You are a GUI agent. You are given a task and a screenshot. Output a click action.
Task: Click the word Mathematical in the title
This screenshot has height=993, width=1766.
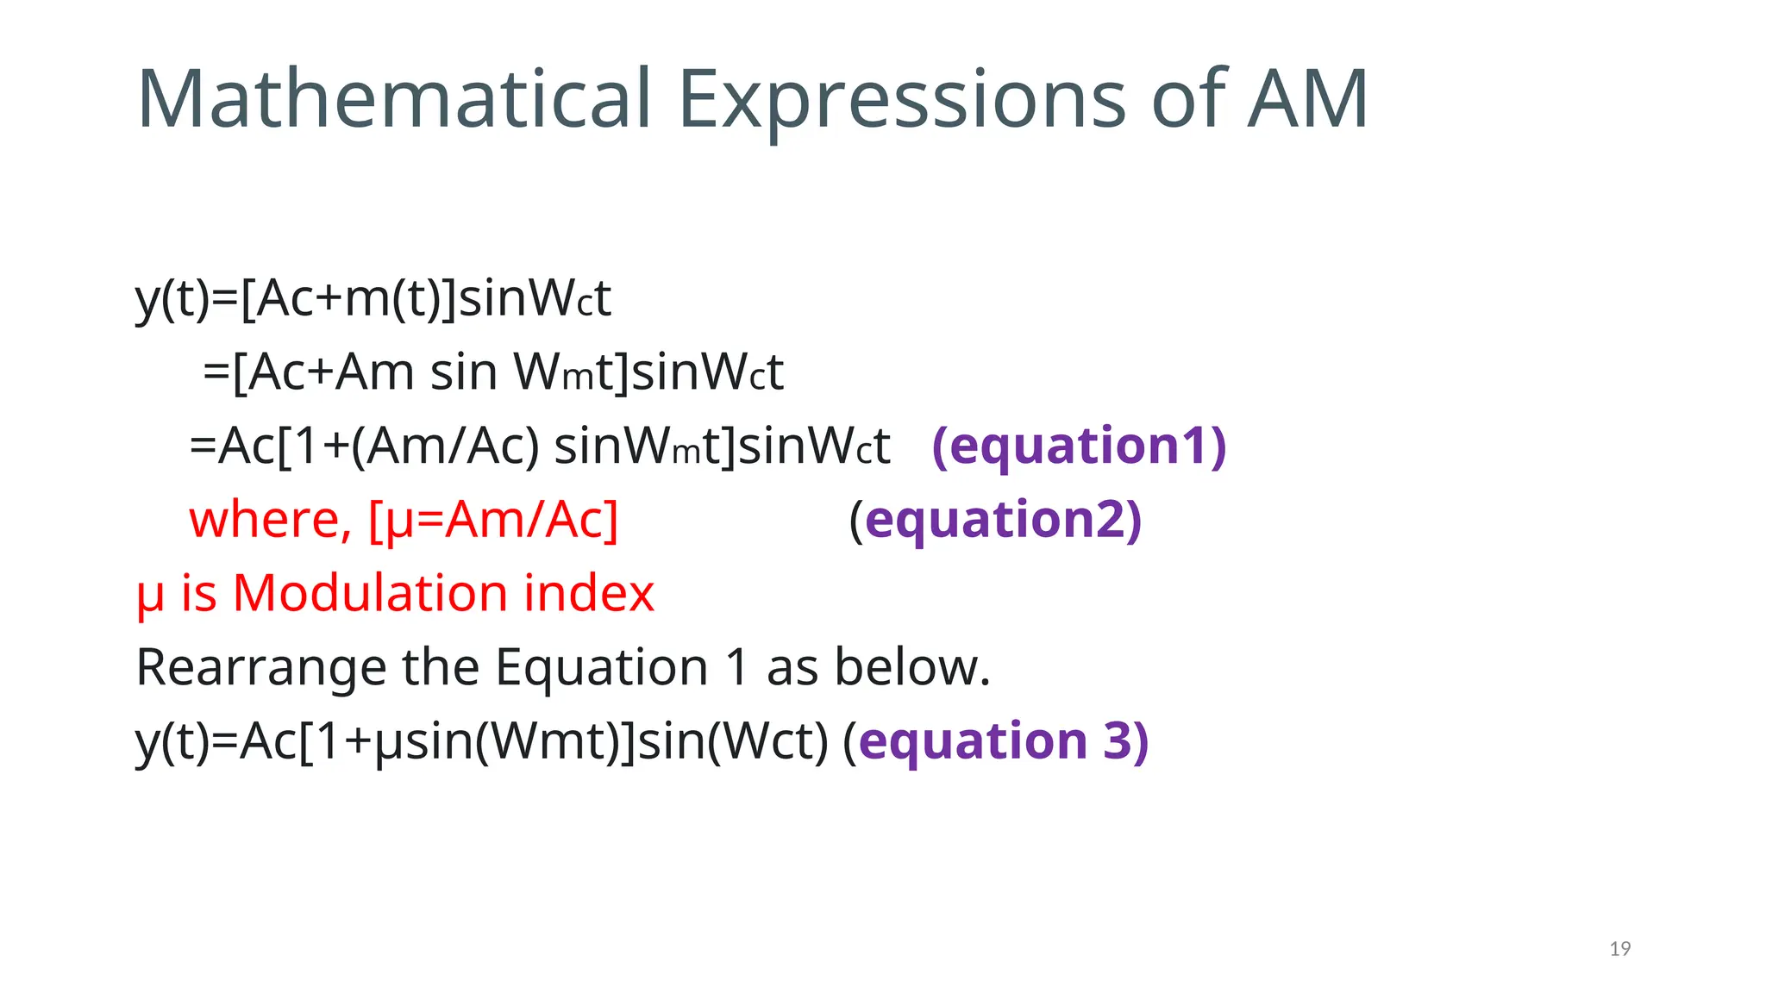click(x=393, y=100)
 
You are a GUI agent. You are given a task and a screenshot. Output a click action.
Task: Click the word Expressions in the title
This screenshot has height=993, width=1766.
click(x=901, y=100)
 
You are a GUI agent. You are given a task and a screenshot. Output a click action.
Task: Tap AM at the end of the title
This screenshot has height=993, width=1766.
click(x=1307, y=100)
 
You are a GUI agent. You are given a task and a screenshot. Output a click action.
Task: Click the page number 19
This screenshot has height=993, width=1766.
click(x=1619, y=949)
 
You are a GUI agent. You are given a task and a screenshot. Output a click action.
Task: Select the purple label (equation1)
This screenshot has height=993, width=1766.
click(x=1079, y=446)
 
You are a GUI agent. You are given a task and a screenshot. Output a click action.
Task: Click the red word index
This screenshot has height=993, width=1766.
click(x=589, y=594)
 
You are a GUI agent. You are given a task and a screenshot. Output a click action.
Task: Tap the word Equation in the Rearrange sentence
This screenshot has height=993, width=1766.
click(x=601, y=668)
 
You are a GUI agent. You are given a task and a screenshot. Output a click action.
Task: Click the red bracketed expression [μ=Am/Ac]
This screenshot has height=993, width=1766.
click(x=493, y=520)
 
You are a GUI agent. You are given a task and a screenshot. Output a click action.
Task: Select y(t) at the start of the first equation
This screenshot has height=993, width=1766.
click(x=172, y=299)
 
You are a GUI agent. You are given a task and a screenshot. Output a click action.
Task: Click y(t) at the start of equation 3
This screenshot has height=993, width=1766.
click(x=172, y=741)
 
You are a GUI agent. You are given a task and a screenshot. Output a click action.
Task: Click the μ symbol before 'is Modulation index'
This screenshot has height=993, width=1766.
click(x=150, y=596)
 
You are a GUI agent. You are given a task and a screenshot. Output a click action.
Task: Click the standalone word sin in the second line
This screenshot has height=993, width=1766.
click(x=463, y=372)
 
